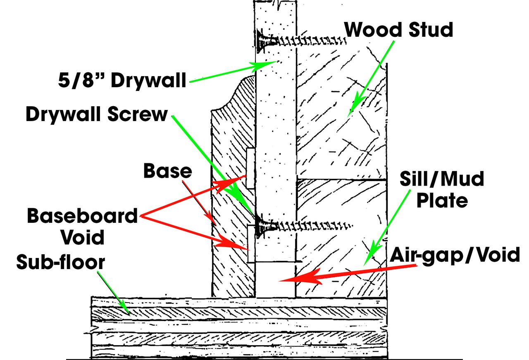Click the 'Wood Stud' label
[x=399, y=29]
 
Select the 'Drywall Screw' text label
[x=97, y=114]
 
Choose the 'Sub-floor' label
[x=61, y=262]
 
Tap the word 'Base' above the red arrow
[x=168, y=171]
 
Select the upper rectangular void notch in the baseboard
[x=250, y=168]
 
